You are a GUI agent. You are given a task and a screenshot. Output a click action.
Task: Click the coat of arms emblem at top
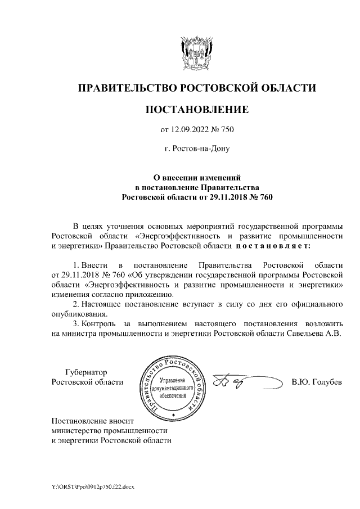[196, 53]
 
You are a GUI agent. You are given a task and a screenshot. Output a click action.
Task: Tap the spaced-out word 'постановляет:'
[272, 246]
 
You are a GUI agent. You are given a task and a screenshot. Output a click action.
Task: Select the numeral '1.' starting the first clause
[77, 264]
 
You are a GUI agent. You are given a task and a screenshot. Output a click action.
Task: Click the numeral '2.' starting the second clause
[77, 304]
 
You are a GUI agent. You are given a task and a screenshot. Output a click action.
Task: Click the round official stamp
[173, 388]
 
